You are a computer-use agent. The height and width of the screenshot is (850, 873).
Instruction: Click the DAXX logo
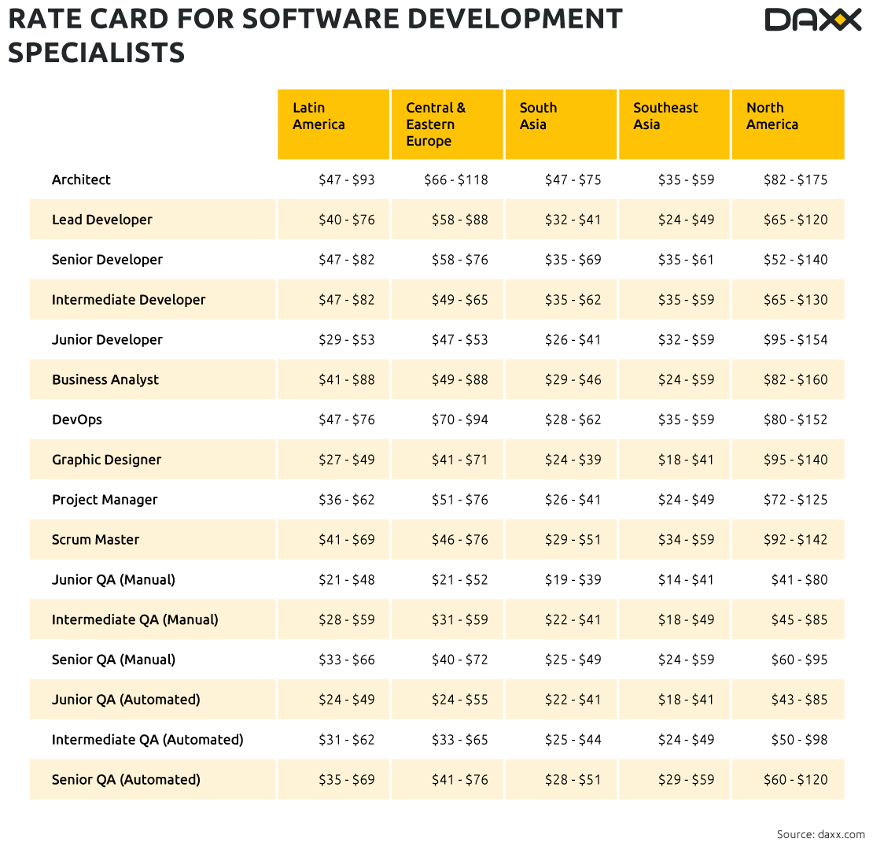(813, 20)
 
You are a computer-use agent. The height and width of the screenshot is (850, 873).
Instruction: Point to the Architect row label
(81, 179)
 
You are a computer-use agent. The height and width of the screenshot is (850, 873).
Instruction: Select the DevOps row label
(77, 419)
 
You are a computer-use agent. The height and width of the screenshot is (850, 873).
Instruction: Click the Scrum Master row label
(95, 540)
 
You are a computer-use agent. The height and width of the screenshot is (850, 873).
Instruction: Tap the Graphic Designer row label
(106, 460)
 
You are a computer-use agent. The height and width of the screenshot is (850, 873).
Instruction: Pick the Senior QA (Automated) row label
(126, 780)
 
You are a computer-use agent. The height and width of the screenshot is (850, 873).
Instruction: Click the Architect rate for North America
(795, 179)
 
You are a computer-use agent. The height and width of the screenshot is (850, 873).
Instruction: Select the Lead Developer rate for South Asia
(573, 220)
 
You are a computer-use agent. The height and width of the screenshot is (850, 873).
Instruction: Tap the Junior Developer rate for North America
(795, 340)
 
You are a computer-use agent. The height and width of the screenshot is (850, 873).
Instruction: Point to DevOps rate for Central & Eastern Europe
(459, 419)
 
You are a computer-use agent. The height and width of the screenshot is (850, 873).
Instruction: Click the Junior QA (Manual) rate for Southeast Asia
(686, 580)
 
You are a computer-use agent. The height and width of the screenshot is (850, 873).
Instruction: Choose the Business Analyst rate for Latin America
(346, 379)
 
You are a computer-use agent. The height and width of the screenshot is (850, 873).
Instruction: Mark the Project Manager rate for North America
(795, 500)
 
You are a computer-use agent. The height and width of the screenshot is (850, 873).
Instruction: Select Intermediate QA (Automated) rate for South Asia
(573, 740)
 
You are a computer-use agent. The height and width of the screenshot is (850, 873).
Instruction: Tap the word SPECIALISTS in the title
(97, 53)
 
